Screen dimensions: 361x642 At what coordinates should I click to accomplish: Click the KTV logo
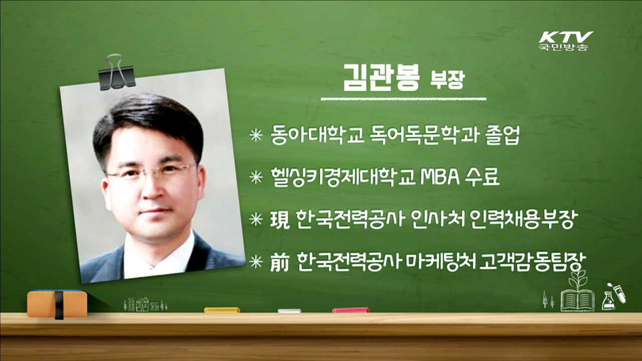tap(566, 40)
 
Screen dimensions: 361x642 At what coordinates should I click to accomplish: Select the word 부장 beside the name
tap(447, 81)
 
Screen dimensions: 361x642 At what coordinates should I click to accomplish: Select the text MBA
tap(443, 177)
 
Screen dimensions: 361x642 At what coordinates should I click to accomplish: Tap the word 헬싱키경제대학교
tap(342, 177)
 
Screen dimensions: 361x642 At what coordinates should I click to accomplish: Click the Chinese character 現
tap(280, 219)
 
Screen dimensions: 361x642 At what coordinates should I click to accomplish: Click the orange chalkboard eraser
tap(57, 303)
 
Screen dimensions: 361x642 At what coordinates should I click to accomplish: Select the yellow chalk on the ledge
tap(222, 310)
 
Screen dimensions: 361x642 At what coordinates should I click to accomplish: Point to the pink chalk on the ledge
tap(351, 310)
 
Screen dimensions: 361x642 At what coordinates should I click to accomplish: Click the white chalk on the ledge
tap(289, 311)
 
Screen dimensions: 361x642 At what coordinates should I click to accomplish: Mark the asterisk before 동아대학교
tap(256, 136)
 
